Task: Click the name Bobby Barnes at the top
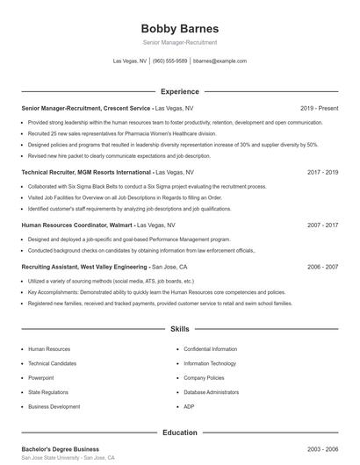(x=179, y=28)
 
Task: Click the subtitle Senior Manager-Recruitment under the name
(x=179, y=42)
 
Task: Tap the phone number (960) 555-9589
(x=170, y=61)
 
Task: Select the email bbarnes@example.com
(x=220, y=61)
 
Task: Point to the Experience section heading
(x=179, y=91)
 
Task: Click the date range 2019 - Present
(x=319, y=108)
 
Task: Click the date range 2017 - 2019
(x=322, y=172)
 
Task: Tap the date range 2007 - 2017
(x=322, y=225)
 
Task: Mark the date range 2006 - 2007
(x=322, y=266)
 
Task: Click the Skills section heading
(x=179, y=329)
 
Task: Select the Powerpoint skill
(x=40, y=378)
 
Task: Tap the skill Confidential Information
(x=210, y=348)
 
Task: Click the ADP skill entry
(x=189, y=407)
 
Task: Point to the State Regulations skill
(x=47, y=392)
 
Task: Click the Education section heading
(x=179, y=433)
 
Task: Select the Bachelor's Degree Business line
(x=61, y=449)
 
